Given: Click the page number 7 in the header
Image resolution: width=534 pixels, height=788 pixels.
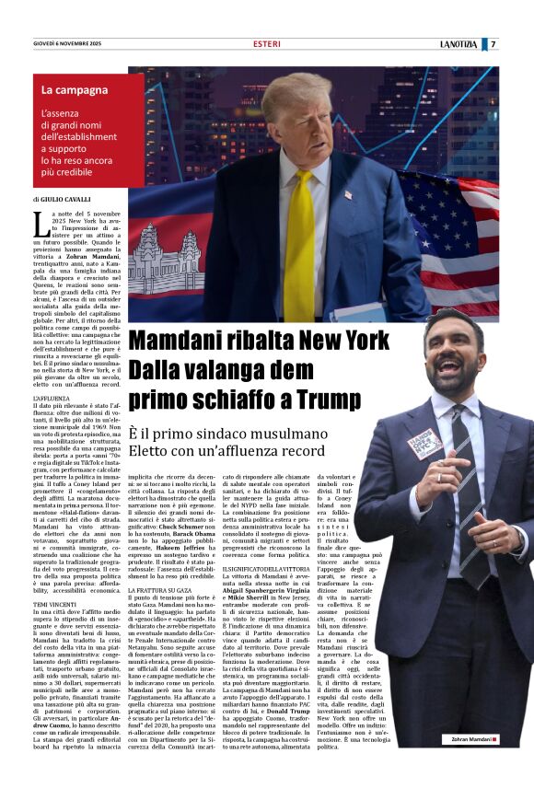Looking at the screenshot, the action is point(519,43).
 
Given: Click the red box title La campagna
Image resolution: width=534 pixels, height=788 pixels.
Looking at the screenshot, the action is point(75,90).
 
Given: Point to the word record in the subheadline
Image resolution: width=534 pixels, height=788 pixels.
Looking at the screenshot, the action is point(285,452).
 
